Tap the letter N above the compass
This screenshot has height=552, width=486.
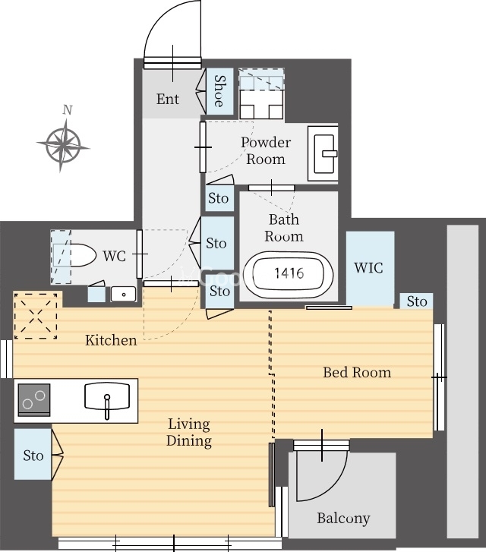pyautogui.click(x=68, y=110)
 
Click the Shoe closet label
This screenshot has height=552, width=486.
pyautogui.click(x=219, y=91)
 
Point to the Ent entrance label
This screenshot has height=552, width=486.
pyautogui.click(x=168, y=99)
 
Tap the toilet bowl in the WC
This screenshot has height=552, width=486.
pyautogui.click(x=83, y=255)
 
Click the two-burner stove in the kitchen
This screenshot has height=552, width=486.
pyautogui.click(x=34, y=400)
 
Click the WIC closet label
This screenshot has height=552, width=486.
pyautogui.click(x=368, y=268)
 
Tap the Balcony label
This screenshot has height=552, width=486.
pyautogui.click(x=343, y=518)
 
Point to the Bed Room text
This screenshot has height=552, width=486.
pyautogui.click(x=357, y=372)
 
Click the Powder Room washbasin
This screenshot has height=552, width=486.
pyautogui.click(x=323, y=154)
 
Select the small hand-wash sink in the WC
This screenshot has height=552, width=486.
pyautogui.click(x=123, y=295)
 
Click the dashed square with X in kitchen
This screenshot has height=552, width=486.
pyautogui.click(x=36, y=316)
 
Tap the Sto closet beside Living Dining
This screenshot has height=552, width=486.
pyautogui.click(x=33, y=454)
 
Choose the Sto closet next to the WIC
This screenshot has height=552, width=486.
pyautogui.click(x=417, y=301)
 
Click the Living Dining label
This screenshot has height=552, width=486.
pyautogui.click(x=189, y=432)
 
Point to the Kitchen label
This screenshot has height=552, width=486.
pyautogui.click(x=111, y=340)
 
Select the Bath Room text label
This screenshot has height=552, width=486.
pyautogui.click(x=284, y=228)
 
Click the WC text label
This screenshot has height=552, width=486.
pyautogui.click(x=115, y=256)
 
